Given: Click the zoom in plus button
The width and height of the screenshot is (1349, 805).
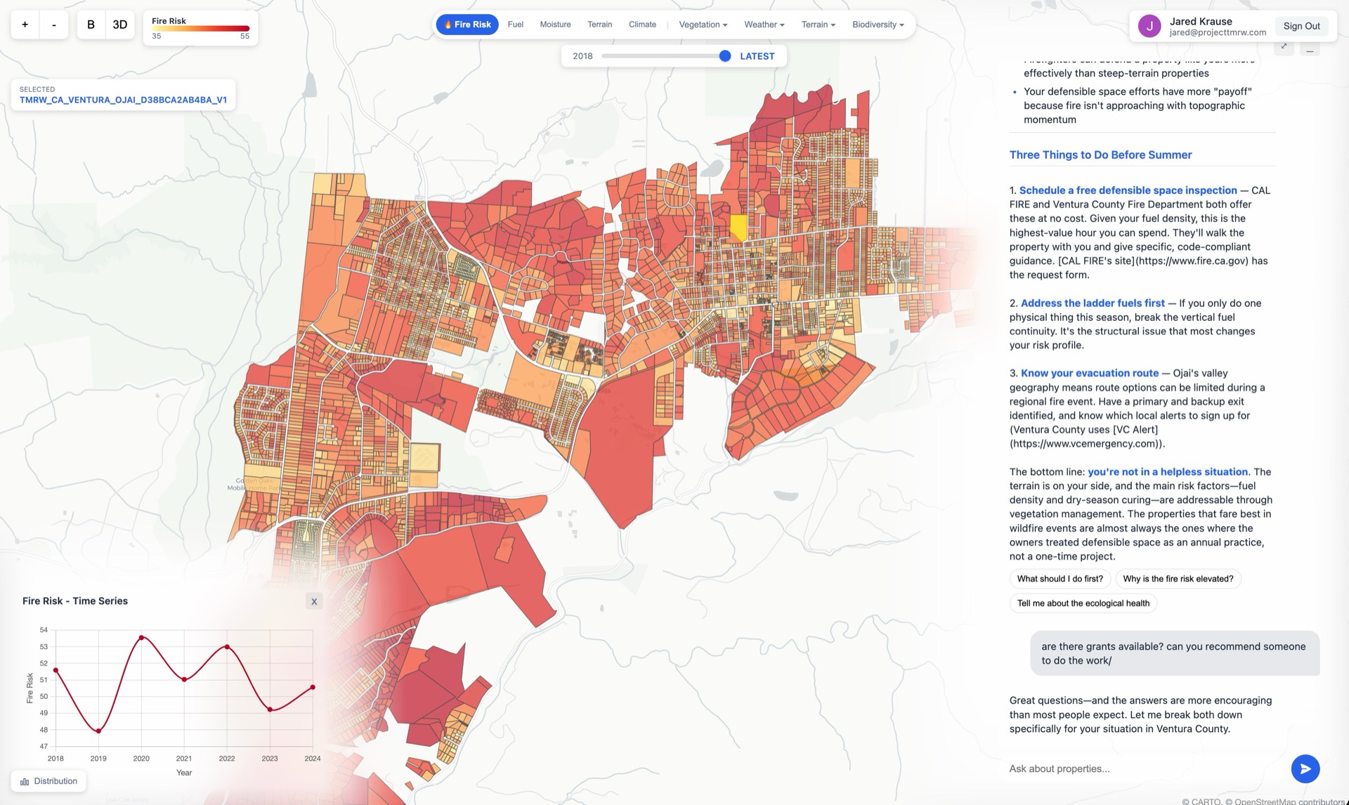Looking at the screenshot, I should pyautogui.click(x=25, y=25).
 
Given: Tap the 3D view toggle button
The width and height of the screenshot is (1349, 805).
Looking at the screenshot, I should pyautogui.click(x=120, y=25).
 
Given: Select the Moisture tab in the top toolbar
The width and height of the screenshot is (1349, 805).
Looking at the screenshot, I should pyautogui.click(x=555, y=25).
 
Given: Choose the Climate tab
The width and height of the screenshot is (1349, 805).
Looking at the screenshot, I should pyautogui.click(x=642, y=25).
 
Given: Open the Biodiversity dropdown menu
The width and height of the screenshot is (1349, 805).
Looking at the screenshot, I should pyautogui.click(x=878, y=25).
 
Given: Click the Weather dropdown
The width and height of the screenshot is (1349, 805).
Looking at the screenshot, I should pyautogui.click(x=764, y=25).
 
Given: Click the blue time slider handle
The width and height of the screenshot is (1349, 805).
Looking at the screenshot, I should pyautogui.click(x=725, y=56).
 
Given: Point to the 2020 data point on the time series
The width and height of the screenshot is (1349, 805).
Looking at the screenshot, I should pyautogui.click(x=141, y=638).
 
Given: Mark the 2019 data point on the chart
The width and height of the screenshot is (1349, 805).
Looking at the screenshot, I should pyautogui.click(x=98, y=731).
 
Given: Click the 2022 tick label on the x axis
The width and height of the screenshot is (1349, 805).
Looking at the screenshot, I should pyautogui.click(x=227, y=759).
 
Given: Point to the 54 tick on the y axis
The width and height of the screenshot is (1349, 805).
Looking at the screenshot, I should pyautogui.click(x=44, y=630).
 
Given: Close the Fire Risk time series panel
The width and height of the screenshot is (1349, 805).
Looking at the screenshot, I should pyautogui.click(x=314, y=601).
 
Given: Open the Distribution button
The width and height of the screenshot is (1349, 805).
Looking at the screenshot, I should pyautogui.click(x=48, y=781).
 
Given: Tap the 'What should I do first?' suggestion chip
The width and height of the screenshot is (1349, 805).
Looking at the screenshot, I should pyautogui.click(x=1060, y=579).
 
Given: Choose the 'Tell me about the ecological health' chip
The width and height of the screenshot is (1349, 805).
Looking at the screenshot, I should pyautogui.click(x=1083, y=603).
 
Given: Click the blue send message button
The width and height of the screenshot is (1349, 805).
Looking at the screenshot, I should pyautogui.click(x=1305, y=768).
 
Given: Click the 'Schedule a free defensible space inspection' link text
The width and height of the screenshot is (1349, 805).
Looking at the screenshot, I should pyautogui.click(x=1128, y=190).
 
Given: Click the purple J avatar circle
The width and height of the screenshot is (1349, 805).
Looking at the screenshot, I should pyautogui.click(x=1149, y=26).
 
